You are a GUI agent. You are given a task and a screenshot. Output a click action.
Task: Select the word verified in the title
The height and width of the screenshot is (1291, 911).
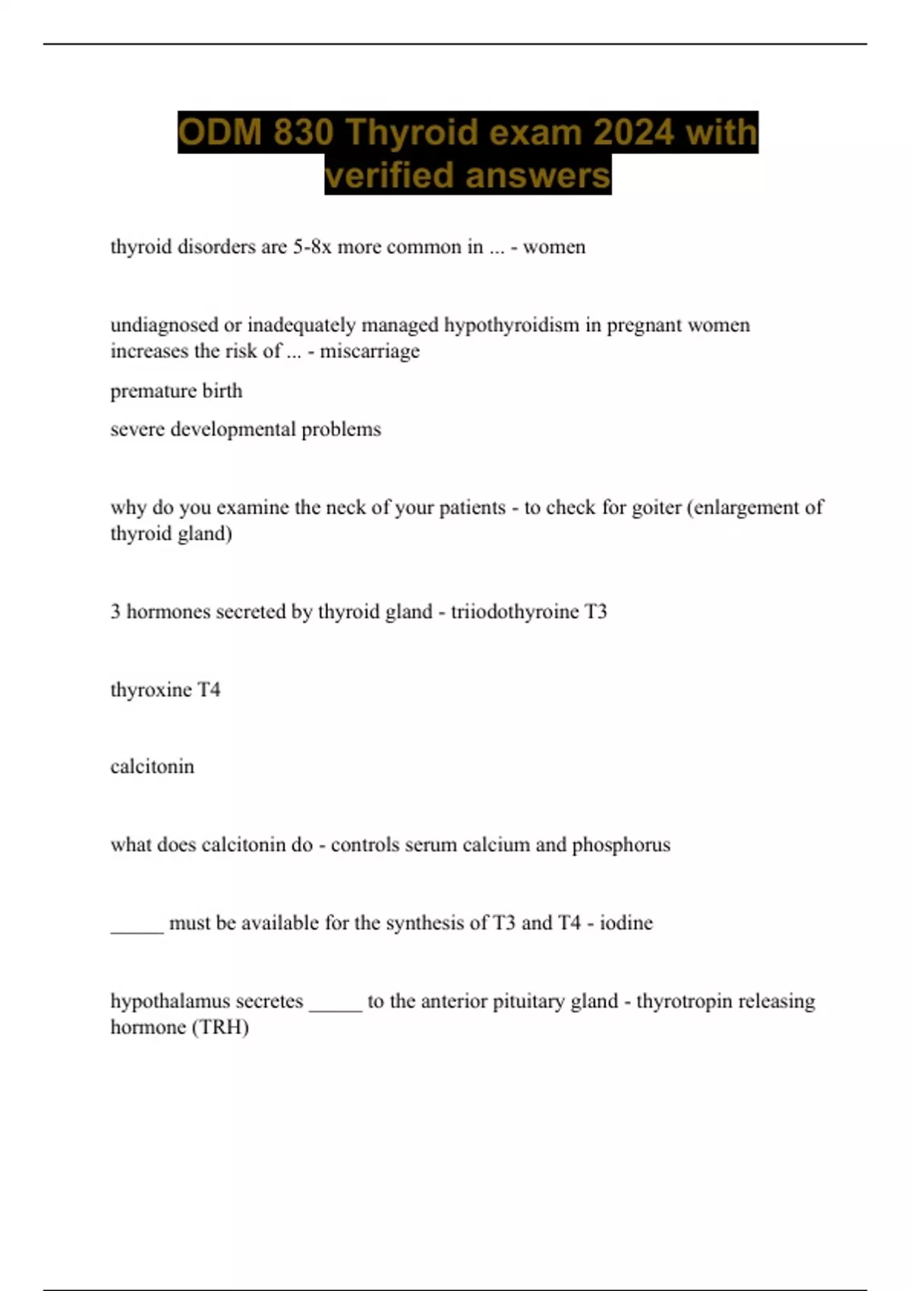(389, 175)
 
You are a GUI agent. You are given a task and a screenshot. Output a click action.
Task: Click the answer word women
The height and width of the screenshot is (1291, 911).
(554, 247)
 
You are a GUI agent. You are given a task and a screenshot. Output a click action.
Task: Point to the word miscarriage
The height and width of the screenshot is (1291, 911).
(370, 351)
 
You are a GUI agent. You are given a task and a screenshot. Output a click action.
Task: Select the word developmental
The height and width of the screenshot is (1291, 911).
(233, 429)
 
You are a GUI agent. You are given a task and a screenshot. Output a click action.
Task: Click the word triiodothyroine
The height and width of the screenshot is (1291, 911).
(515, 611)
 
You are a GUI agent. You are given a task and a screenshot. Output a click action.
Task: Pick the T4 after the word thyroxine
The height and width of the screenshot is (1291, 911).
(209, 690)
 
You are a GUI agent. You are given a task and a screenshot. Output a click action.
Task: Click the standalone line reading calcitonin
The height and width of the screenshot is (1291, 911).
(152, 766)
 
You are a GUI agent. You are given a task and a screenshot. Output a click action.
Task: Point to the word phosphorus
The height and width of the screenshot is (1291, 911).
(621, 844)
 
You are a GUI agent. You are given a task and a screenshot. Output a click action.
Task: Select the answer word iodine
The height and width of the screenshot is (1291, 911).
(626, 923)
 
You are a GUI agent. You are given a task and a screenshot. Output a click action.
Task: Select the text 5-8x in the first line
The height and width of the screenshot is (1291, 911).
(312, 247)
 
